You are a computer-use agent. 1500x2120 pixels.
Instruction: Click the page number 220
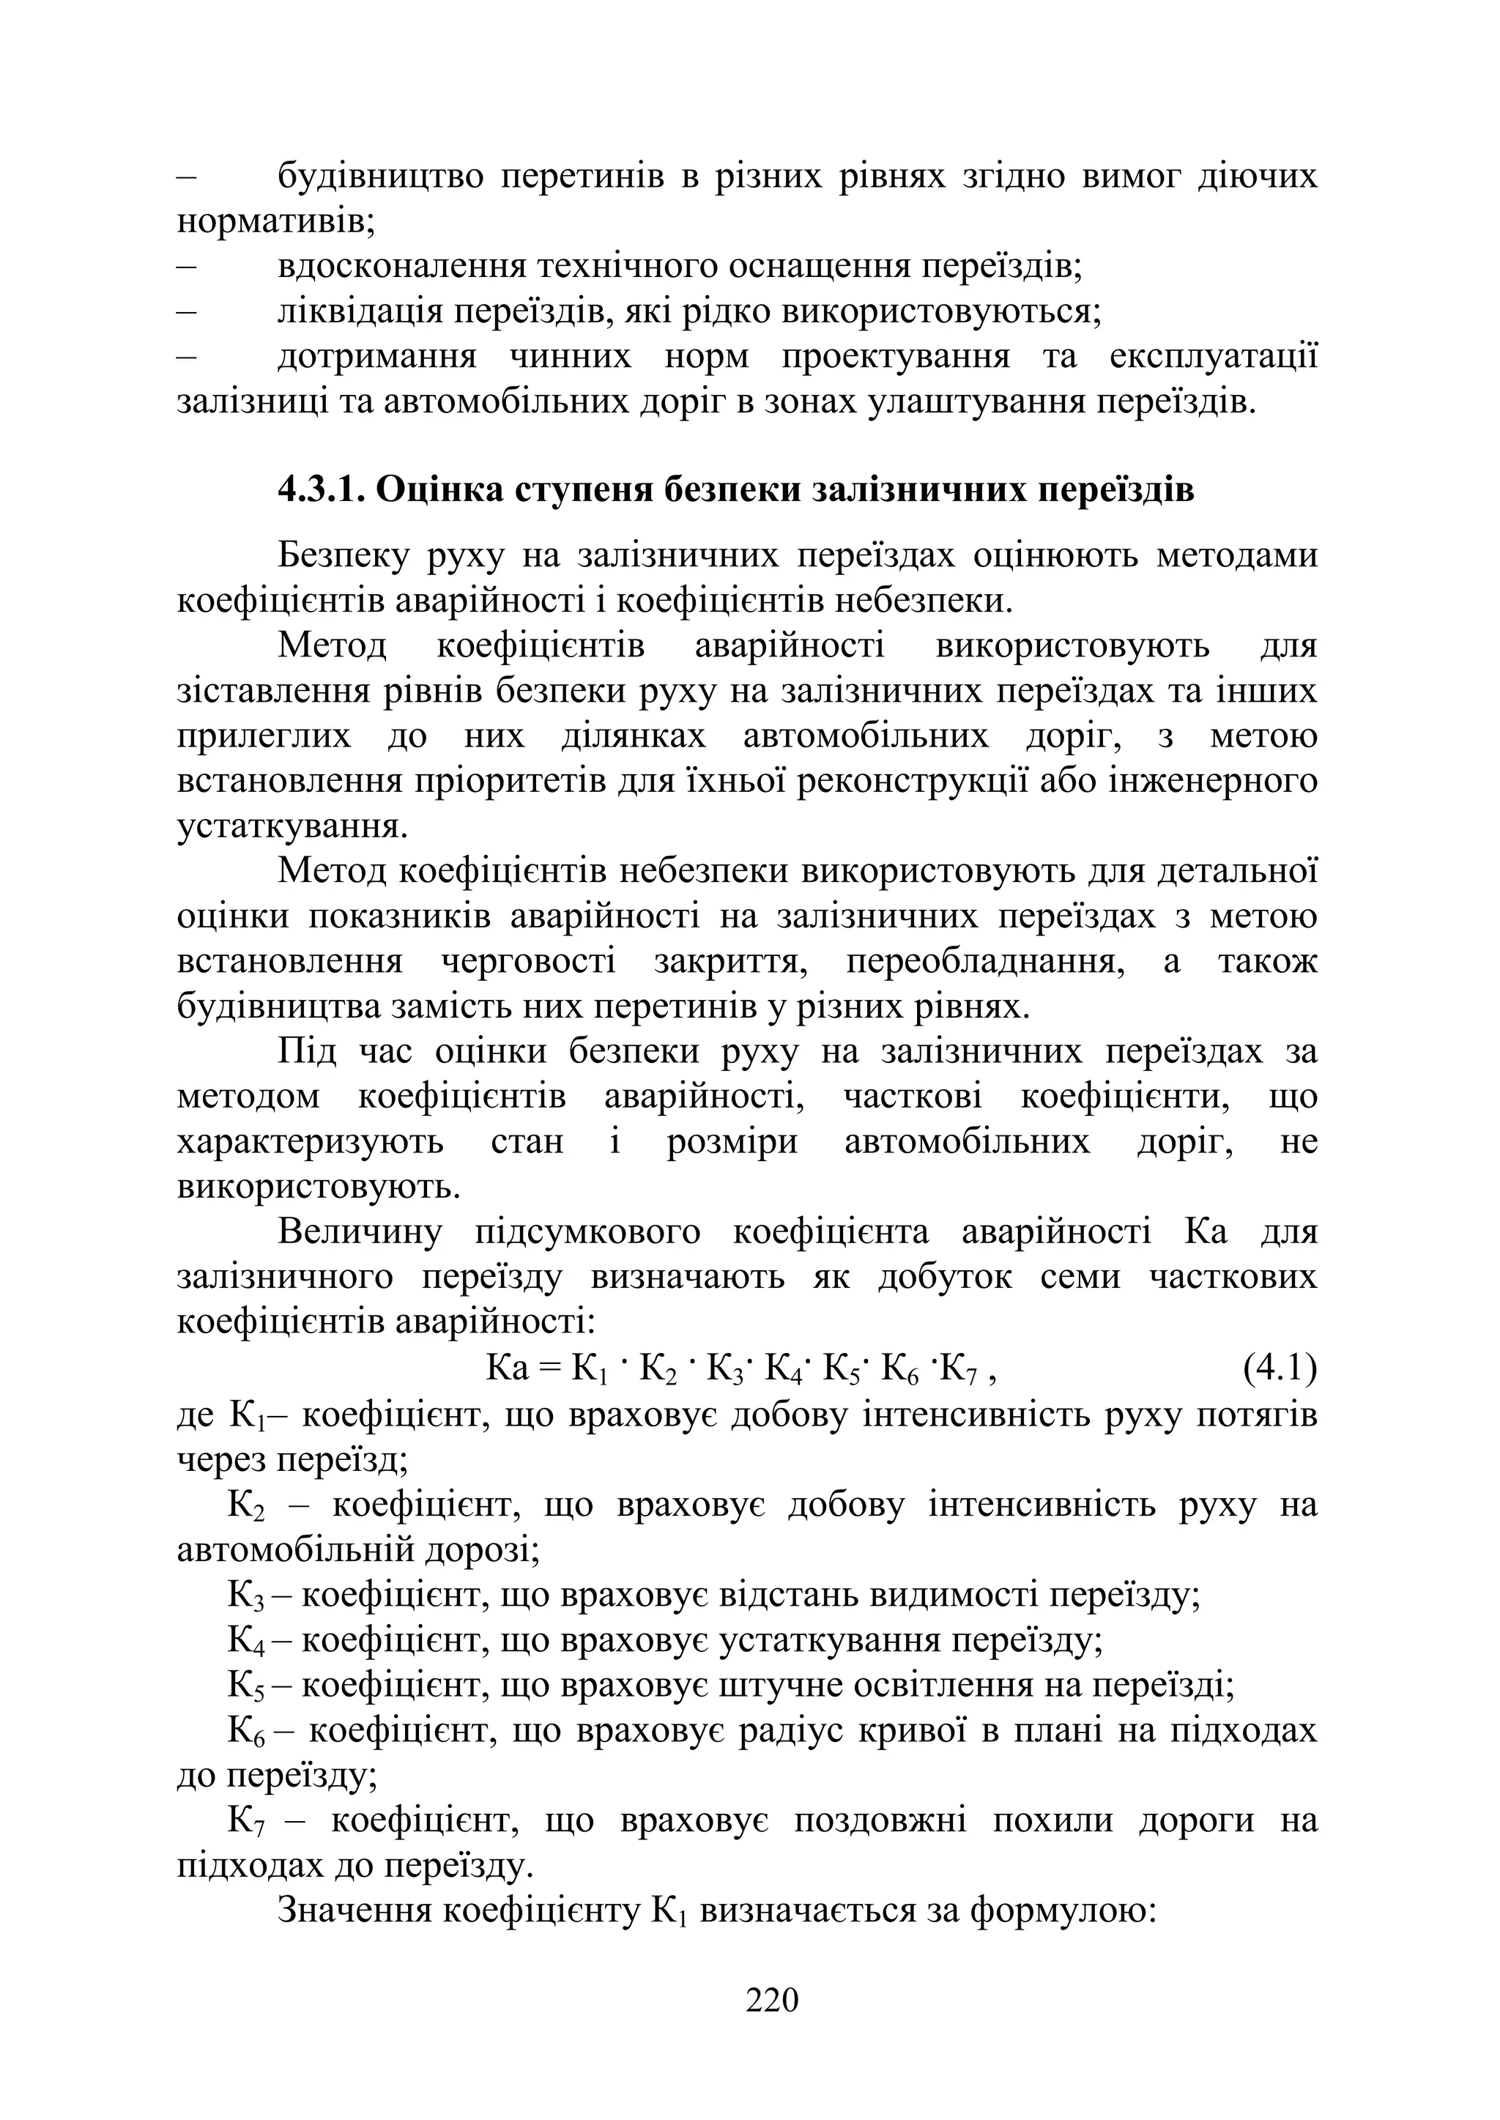(x=771, y=2000)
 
